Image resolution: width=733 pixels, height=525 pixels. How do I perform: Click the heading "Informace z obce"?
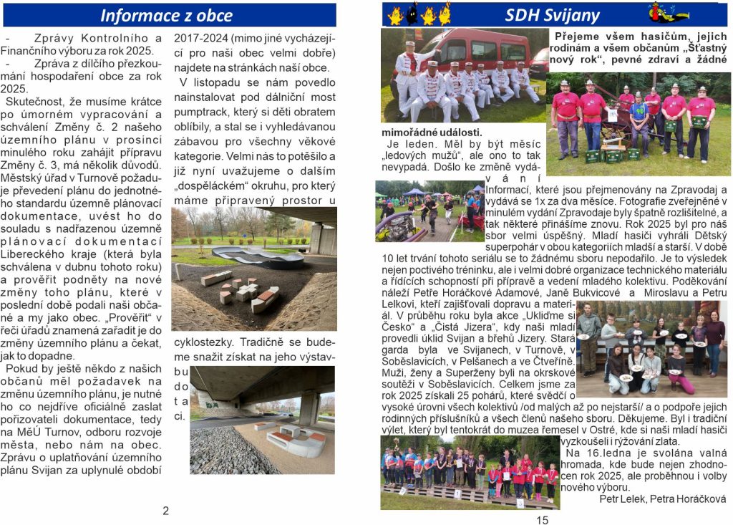166,15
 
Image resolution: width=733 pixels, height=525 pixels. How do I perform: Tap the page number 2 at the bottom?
165,511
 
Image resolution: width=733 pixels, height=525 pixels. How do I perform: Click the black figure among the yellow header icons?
412,14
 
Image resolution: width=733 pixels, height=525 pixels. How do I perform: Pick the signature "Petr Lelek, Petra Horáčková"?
662,498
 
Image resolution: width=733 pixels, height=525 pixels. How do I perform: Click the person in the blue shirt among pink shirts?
638,115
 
